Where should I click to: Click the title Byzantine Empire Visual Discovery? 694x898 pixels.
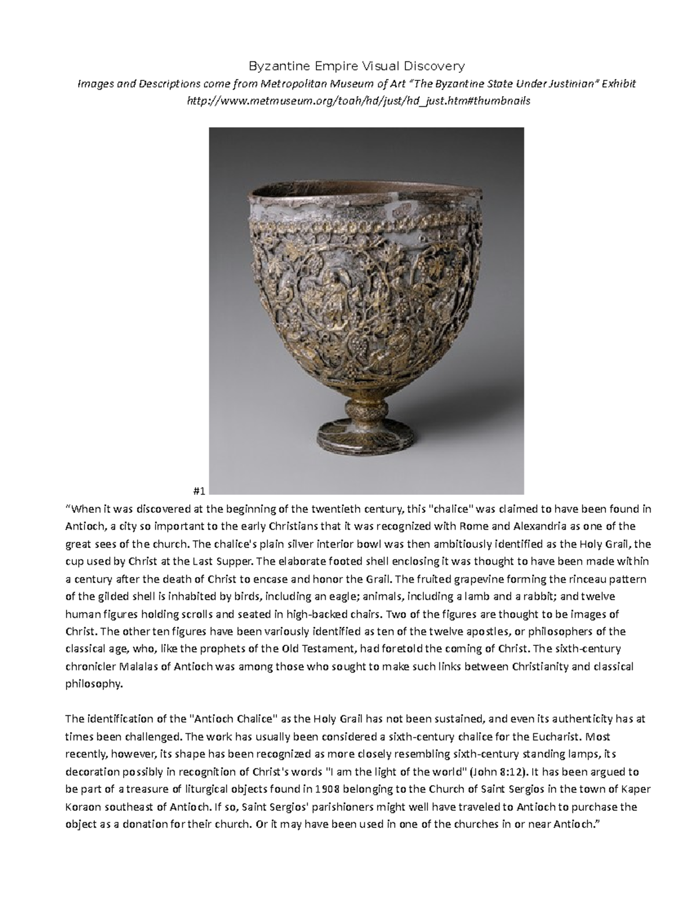click(356, 66)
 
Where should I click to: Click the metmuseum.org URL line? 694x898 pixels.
click(356, 101)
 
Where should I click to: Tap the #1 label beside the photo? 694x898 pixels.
click(200, 491)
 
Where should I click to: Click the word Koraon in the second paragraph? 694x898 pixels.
click(84, 807)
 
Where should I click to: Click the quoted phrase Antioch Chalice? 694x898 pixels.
click(235, 719)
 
